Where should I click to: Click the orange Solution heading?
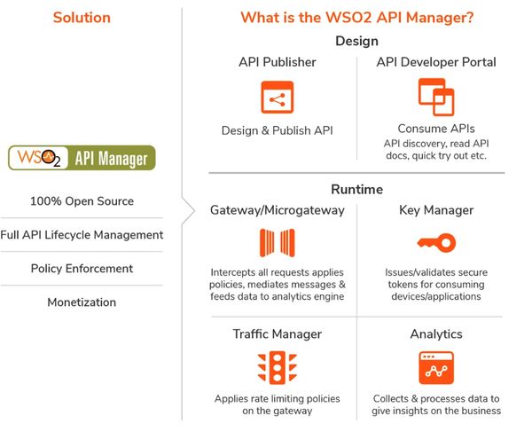tap(82, 18)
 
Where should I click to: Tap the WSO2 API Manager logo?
tap(82, 158)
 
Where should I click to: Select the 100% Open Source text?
tap(82, 201)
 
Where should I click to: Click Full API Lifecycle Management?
tap(82, 235)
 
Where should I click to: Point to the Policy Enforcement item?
tap(82, 269)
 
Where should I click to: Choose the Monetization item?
tap(82, 302)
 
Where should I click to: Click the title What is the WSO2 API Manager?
tap(356, 18)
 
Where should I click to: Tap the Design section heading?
tap(356, 41)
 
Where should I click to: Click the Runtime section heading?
tap(356, 189)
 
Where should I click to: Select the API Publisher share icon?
tap(278, 98)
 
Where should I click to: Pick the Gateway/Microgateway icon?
tap(278, 243)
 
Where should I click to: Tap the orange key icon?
tap(436, 242)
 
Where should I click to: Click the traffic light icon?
tap(278, 367)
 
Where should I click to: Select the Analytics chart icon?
tap(436, 367)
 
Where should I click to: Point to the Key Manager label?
tap(436, 211)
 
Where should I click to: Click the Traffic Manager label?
tap(278, 335)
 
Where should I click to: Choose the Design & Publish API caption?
tap(278, 131)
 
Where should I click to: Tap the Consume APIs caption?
tap(436, 129)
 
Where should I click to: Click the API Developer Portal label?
tap(436, 62)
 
